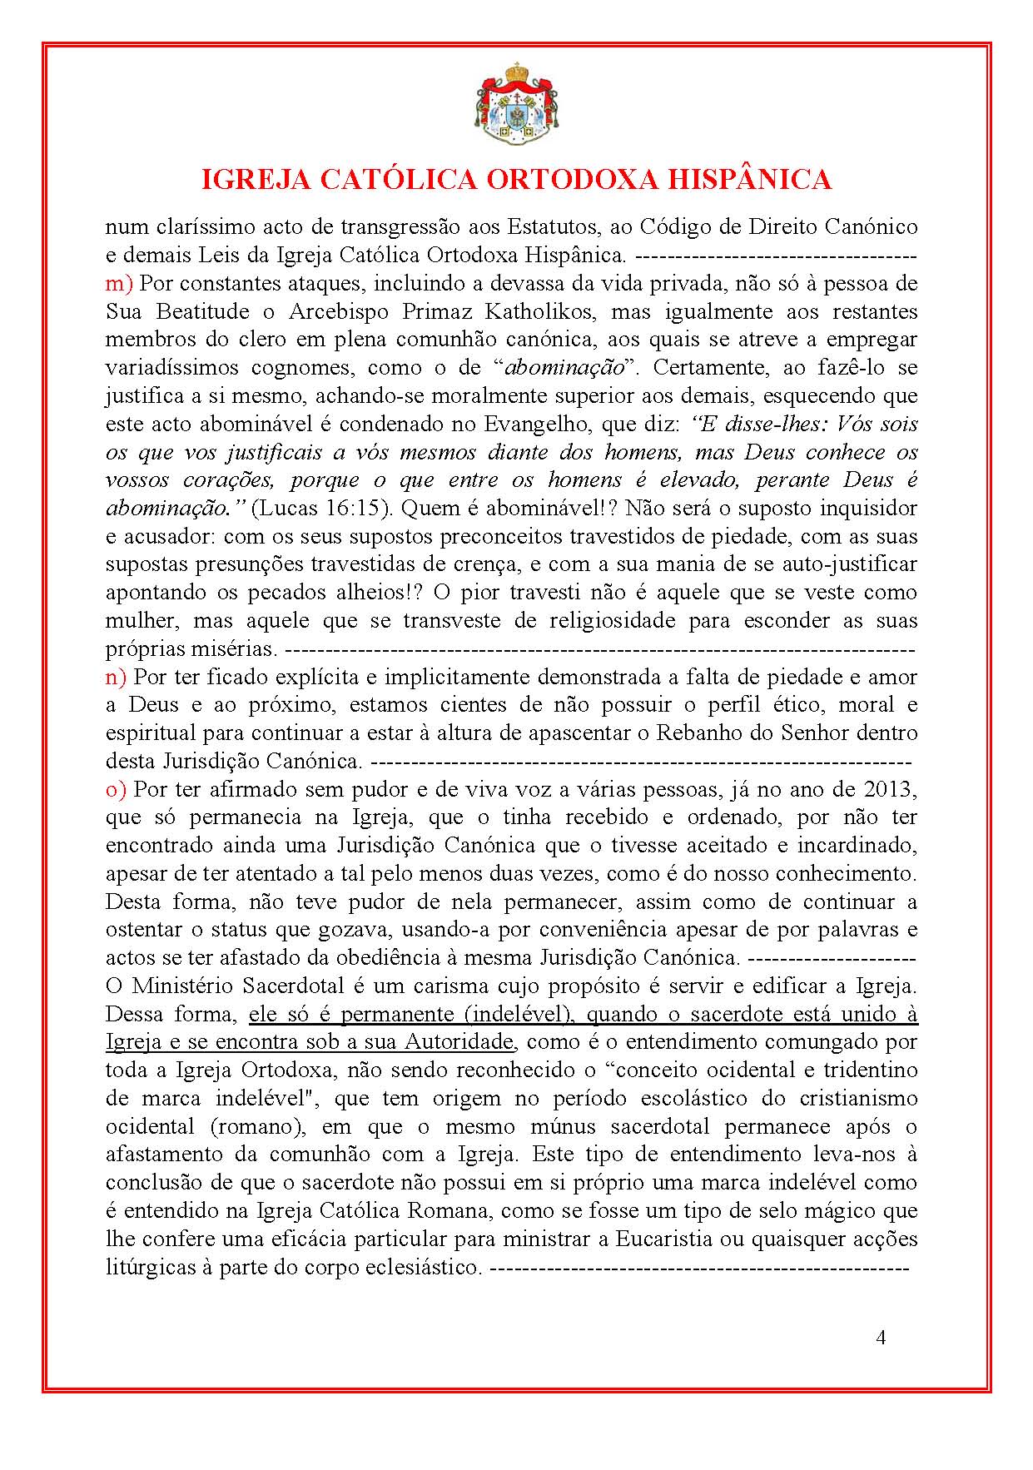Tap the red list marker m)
tap(119, 283)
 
